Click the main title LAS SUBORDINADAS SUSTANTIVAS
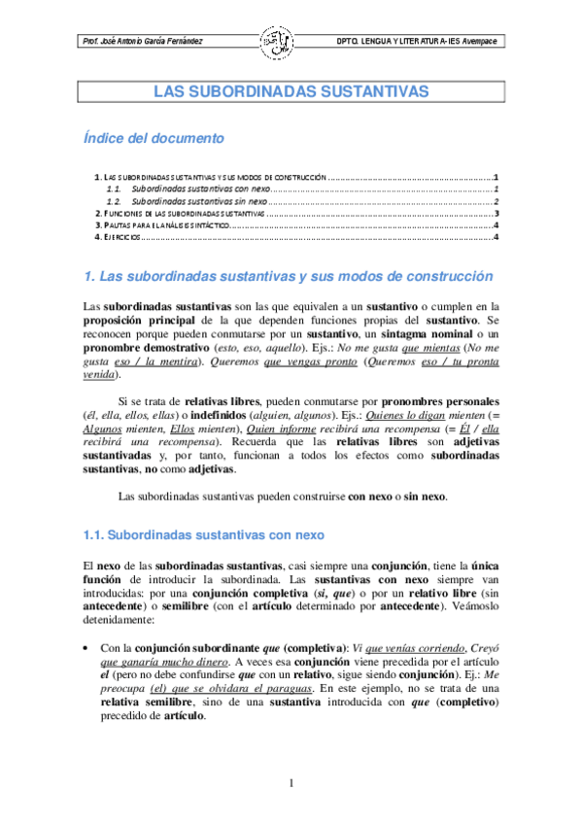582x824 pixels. [x=291, y=91]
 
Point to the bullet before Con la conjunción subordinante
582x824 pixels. [x=88, y=647]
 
